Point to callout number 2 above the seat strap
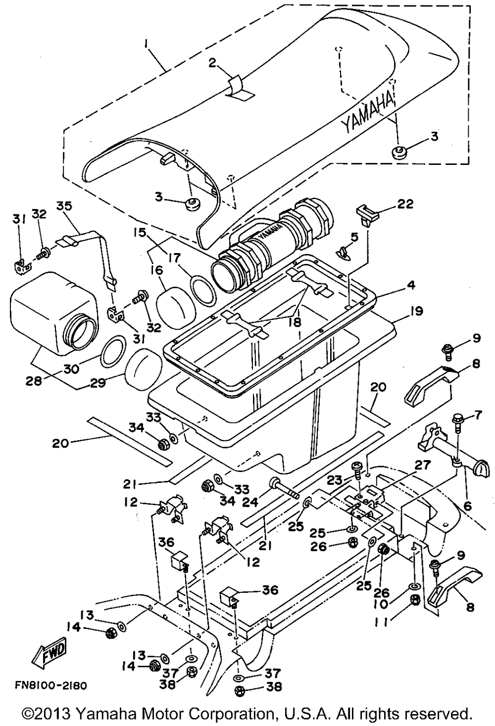[212, 62]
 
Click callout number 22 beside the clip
[405, 204]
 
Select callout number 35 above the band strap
[64, 207]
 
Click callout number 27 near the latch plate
[422, 466]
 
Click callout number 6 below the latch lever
[467, 506]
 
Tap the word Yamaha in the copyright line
[108, 712]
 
